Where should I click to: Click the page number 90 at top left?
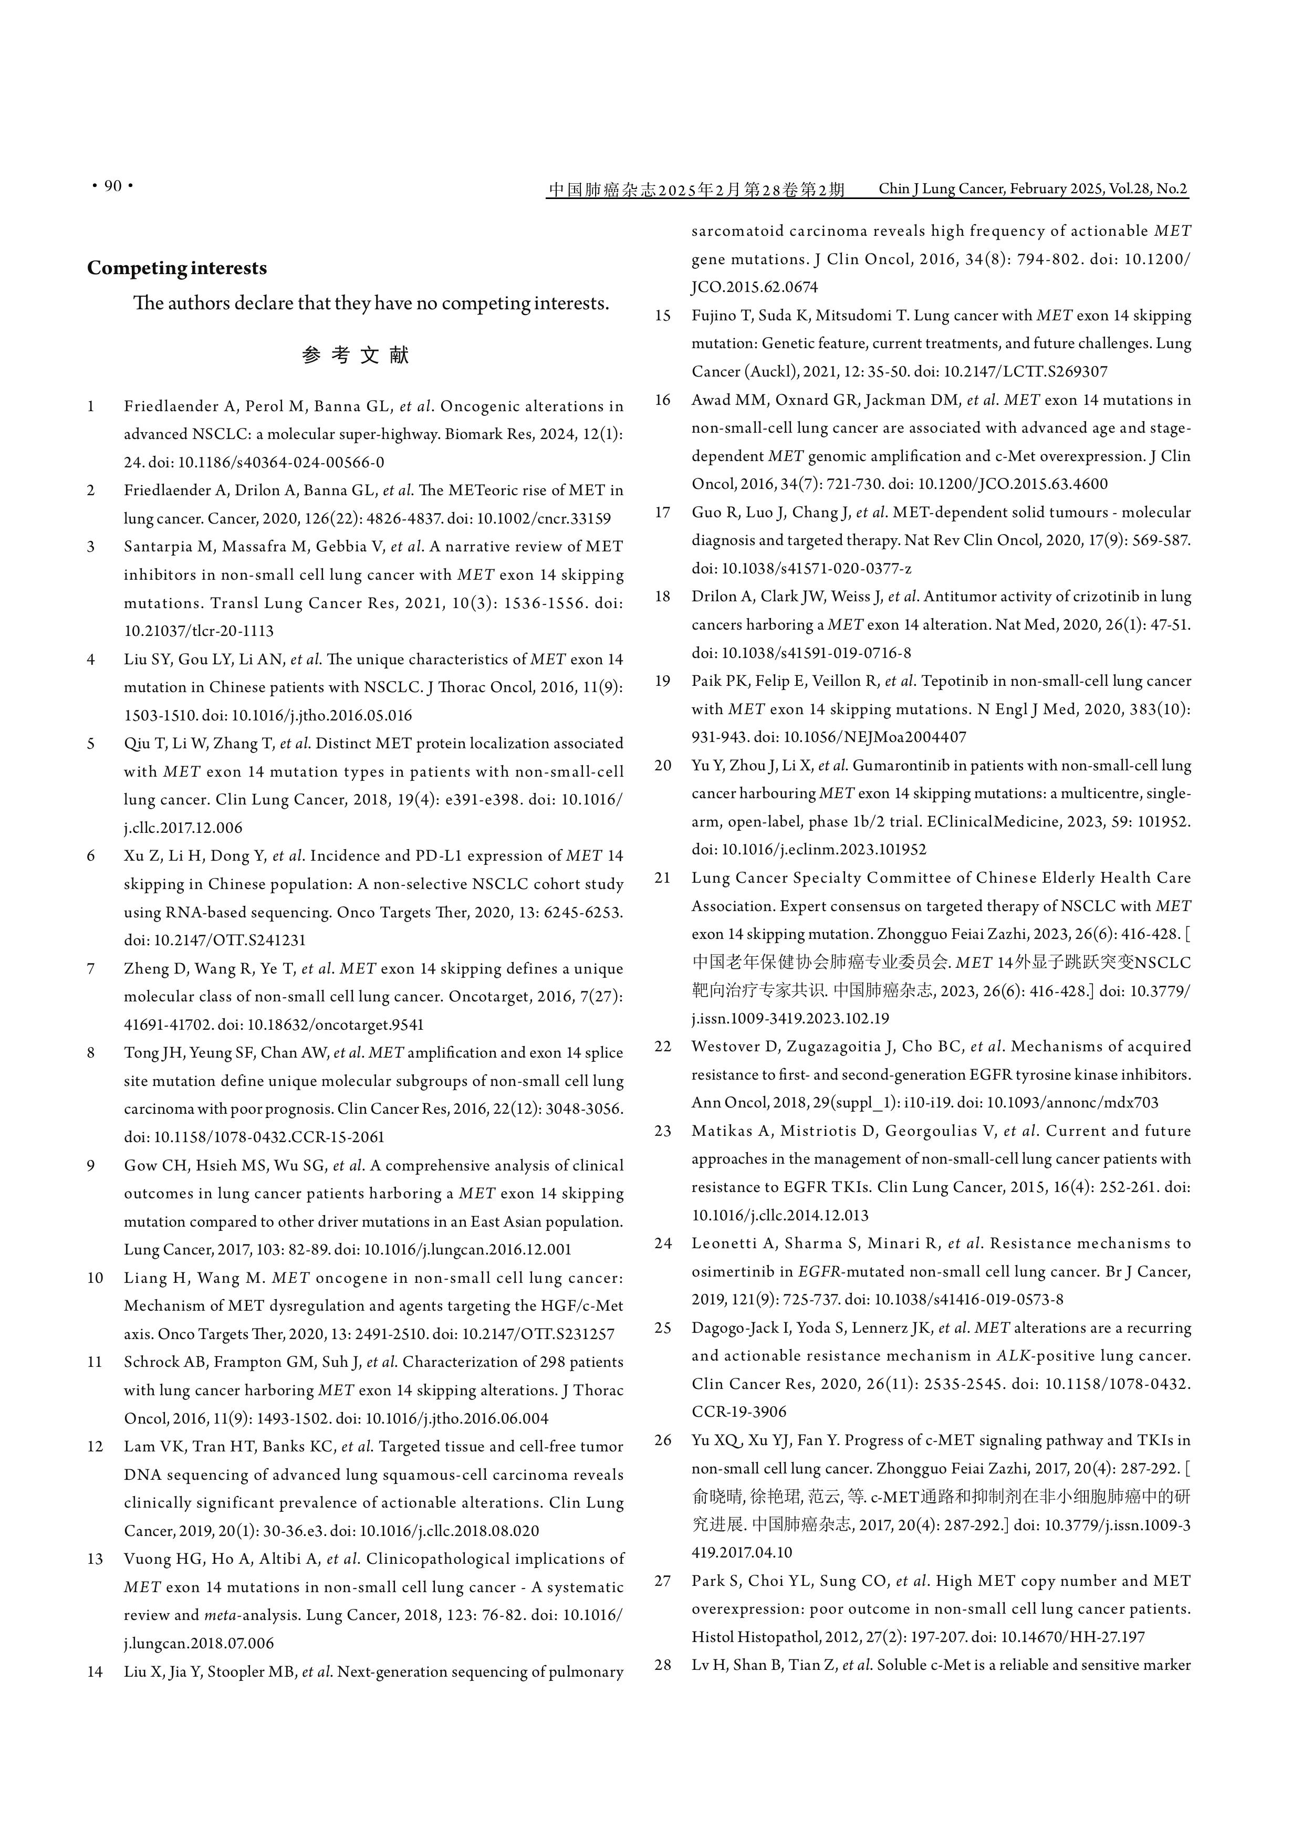113,186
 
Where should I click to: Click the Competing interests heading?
176,268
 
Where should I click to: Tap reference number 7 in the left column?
91,968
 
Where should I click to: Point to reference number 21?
662,877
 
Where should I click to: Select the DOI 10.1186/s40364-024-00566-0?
281,462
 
